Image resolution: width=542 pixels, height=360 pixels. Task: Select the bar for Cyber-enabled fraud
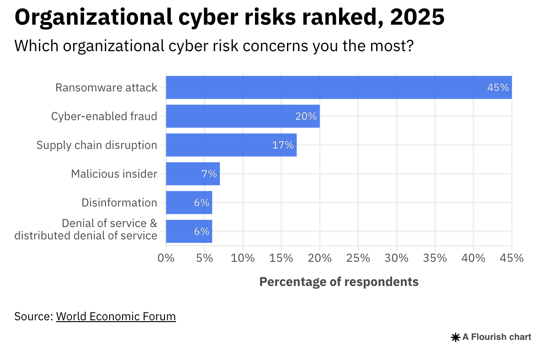242,116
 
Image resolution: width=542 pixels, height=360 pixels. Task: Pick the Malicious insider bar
192,174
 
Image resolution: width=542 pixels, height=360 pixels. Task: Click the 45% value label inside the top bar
498,88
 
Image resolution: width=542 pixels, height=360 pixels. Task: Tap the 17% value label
283,145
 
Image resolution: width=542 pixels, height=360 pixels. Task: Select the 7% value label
209,174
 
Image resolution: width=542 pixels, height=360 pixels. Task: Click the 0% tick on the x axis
166,258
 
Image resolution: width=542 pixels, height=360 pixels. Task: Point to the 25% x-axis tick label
358,258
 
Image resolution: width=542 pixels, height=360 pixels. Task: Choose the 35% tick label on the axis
435,258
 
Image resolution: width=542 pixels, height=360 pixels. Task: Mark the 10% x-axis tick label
243,258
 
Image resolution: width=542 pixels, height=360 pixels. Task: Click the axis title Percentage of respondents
339,282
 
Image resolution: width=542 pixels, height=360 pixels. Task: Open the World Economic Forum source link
116,317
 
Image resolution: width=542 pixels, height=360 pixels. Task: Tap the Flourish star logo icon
456,338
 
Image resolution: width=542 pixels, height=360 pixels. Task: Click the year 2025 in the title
418,17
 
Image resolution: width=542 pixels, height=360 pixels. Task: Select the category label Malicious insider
114,174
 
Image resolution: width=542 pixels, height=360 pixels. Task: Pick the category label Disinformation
119,203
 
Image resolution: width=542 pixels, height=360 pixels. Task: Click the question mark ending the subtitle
409,46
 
